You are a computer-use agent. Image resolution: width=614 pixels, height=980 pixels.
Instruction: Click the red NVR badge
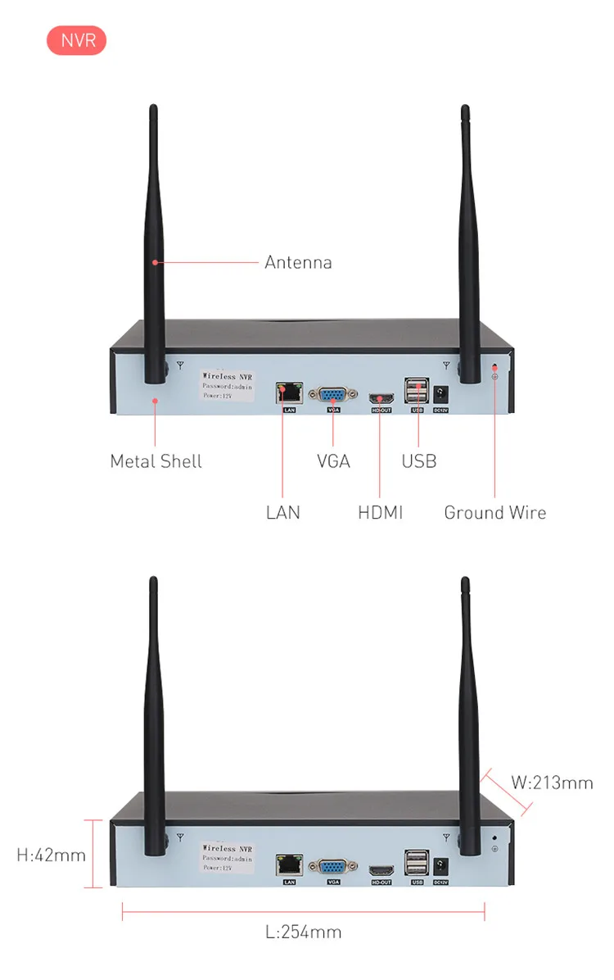76,40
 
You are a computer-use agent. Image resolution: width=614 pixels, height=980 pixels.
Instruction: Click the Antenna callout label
298,263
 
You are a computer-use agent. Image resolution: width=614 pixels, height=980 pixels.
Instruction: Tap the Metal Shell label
156,461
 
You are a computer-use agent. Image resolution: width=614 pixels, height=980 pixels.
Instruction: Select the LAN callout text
283,513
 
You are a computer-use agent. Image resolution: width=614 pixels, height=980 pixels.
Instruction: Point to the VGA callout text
333,461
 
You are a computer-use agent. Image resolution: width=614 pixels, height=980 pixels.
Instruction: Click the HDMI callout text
381,513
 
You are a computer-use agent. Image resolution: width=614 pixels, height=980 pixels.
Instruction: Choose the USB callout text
419,461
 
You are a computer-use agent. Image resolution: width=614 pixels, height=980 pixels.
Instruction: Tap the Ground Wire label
494,513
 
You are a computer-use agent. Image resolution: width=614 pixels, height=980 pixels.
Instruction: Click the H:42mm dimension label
52,855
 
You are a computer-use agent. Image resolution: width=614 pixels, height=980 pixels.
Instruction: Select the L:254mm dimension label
303,932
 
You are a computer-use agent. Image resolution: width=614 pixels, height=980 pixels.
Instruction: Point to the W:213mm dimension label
552,783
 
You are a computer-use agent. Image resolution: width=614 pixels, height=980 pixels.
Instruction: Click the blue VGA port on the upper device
333,392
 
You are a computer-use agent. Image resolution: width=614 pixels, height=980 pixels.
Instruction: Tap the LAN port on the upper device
289,392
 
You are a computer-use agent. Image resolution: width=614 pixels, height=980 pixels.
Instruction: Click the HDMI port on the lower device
381,869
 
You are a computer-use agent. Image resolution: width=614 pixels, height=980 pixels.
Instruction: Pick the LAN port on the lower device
289,864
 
